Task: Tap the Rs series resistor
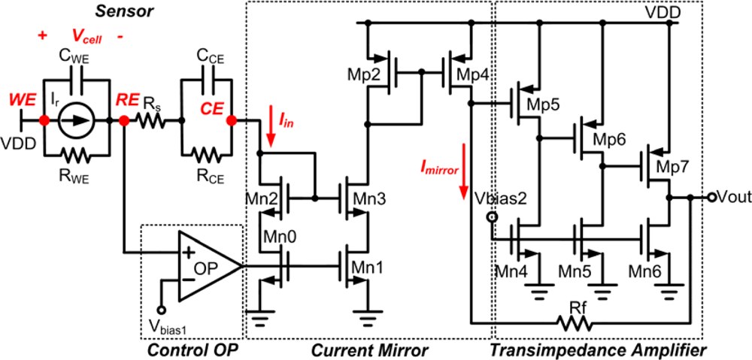point(155,120)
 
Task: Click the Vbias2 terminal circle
point(493,218)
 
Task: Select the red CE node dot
point(231,120)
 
